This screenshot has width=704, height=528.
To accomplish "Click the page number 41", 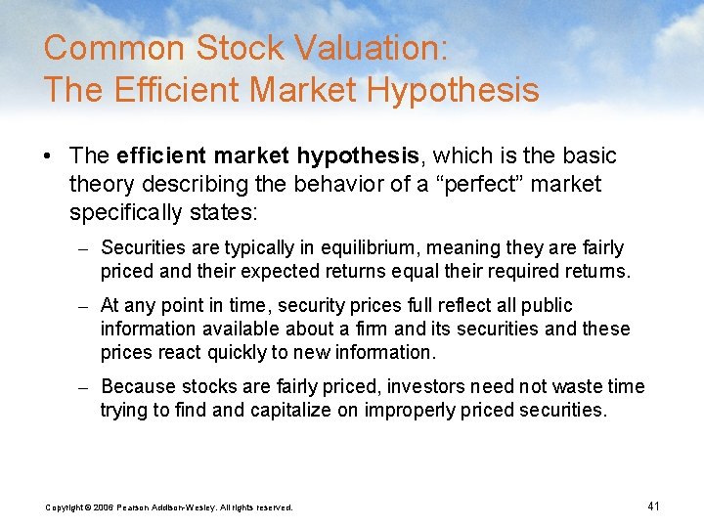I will click(x=654, y=506).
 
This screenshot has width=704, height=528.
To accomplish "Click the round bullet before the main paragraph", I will click(x=50, y=156).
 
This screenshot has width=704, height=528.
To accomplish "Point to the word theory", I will click(x=102, y=184).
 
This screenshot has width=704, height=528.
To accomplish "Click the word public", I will click(x=549, y=306).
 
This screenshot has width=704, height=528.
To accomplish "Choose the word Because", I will click(x=138, y=387).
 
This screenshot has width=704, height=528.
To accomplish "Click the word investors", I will click(x=424, y=387).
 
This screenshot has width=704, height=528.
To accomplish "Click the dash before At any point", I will click(x=84, y=306).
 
